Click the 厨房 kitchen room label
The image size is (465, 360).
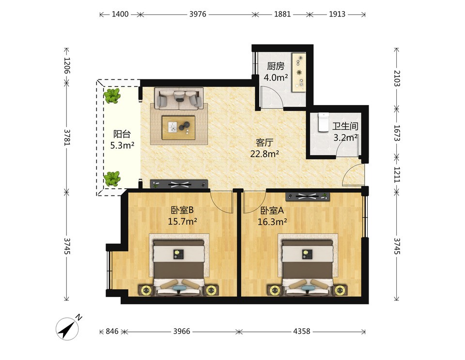[276, 66]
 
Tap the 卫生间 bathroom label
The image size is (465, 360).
[345, 126]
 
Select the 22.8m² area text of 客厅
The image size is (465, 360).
[264, 154]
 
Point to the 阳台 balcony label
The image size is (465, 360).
[122, 134]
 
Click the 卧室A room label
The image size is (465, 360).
[272, 210]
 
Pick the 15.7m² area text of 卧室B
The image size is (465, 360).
[183, 221]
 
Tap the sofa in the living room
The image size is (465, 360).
[179, 98]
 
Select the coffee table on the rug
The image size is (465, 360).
[179, 127]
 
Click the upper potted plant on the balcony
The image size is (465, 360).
[112, 96]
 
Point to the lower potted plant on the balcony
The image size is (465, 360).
[112, 179]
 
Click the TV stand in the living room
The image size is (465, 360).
[179, 184]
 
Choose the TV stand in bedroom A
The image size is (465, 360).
[308, 196]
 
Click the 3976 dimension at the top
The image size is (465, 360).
[198, 14]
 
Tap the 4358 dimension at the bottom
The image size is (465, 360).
[302, 331]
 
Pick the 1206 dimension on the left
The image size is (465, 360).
[67, 65]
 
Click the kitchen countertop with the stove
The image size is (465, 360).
[299, 73]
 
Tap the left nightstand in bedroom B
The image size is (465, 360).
[146, 290]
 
